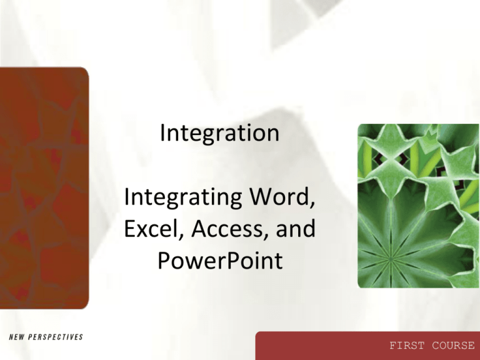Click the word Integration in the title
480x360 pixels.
point(219,134)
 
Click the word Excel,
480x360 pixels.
point(151,231)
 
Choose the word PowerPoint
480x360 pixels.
point(219,259)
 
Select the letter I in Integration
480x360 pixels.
point(163,134)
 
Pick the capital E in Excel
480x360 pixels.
point(129,231)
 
